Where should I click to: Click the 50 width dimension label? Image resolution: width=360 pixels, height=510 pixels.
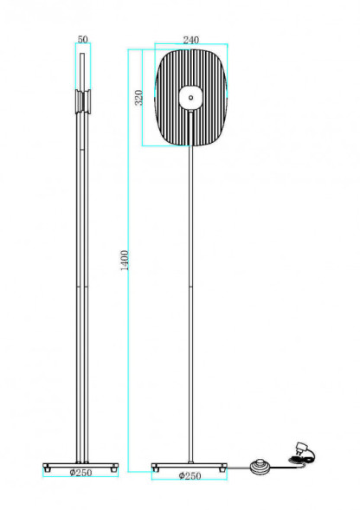click(83, 39)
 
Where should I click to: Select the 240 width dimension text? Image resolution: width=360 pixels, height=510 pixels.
click(191, 39)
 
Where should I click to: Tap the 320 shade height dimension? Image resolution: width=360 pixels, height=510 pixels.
click(138, 98)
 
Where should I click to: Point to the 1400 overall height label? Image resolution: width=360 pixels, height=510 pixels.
click(125, 260)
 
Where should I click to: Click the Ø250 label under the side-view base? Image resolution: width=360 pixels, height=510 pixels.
click(81, 474)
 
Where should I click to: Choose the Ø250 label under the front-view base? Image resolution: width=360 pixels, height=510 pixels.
click(190, 475)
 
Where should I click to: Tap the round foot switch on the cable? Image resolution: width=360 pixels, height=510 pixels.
click(257, 467)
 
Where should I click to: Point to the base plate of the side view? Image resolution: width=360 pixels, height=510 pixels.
click(81, 463)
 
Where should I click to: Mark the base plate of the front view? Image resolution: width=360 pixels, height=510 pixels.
click(190, 464)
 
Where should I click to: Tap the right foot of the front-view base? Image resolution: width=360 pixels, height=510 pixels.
click(222, 468)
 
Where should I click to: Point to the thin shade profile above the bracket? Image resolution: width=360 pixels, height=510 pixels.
click(82, 69)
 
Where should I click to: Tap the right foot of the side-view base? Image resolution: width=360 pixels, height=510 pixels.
click(114, 468)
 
